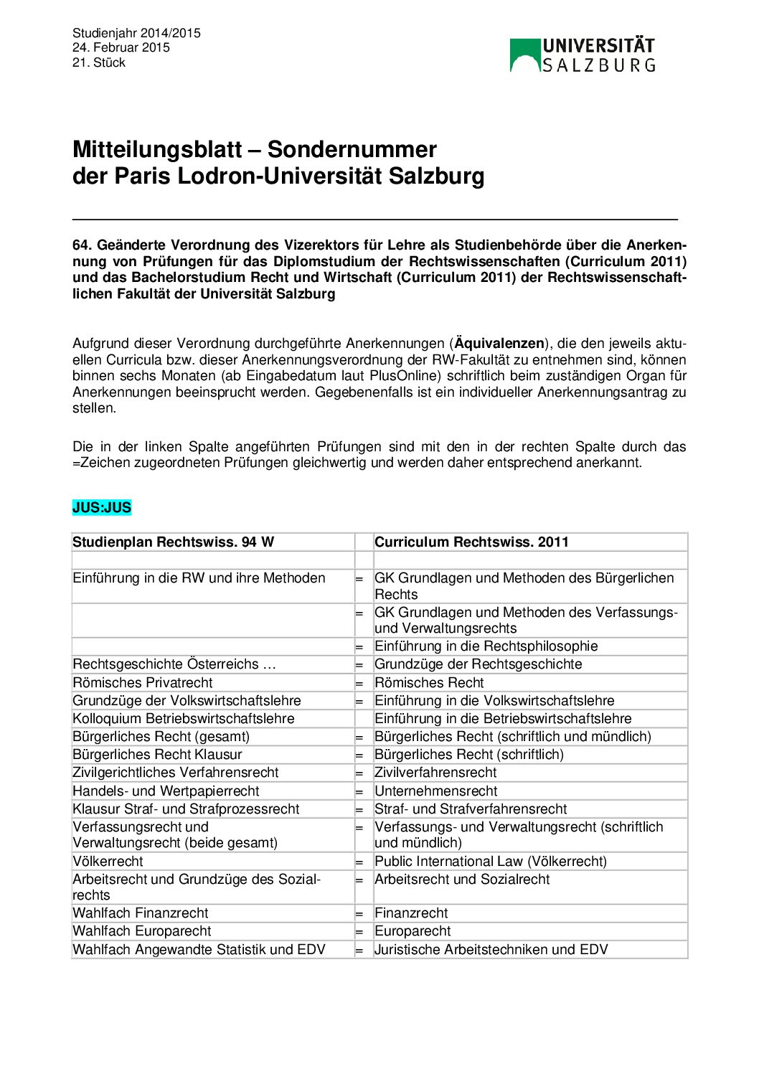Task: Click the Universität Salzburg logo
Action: (582, 55)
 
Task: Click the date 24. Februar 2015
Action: (121, 47)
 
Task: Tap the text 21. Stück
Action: (99, 62)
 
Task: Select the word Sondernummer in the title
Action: (352, 149)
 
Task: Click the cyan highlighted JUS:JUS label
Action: (102, 508)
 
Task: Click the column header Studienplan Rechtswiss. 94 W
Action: (173, 542)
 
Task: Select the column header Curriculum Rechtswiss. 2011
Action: (471, 542)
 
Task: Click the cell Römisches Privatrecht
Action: (143, 683)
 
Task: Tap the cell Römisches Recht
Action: (429, 683)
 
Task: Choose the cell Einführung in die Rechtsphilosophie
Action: (486, 646)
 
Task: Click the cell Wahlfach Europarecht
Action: (142, 931)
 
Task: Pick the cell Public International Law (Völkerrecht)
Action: (491, 862)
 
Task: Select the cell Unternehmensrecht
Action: (435, 791)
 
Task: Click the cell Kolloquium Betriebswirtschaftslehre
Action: (184, 719)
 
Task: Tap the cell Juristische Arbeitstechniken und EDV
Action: (491, 950)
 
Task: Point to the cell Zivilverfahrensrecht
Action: (435, 773)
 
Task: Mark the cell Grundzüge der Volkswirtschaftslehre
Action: (187, 701)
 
